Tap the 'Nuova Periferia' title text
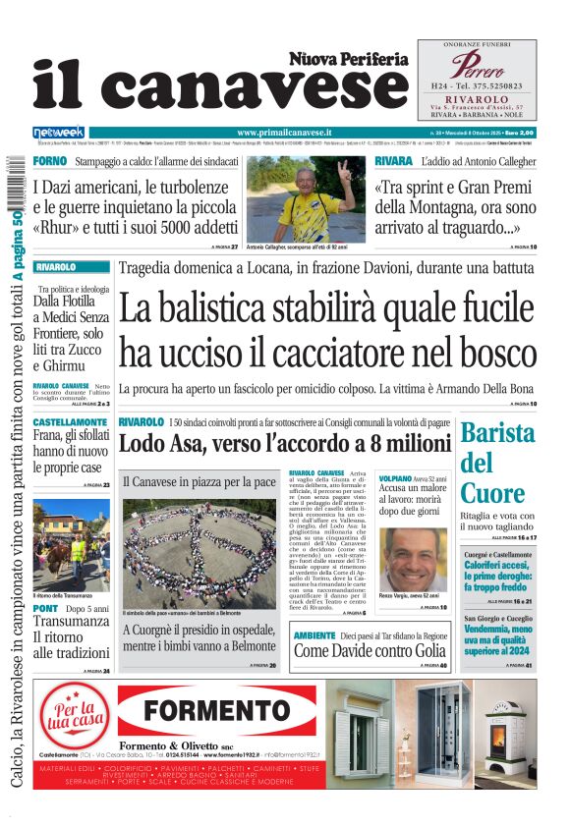pyautogui.click(x=348, y=59)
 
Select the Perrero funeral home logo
pyautogui.click(x=477, y=66)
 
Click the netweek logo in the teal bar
pyautogui.click(x=59, y=132)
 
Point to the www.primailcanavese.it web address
pyautogui.click(x=285, y=132)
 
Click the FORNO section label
pyautogui.click(x=49, y=160)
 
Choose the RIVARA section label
pyautogui.click(x=393, y=160)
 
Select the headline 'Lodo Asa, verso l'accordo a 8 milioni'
pyautogui.click(x=284, y=443)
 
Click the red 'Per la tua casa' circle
pyautogui.click(x=75, y=720)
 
